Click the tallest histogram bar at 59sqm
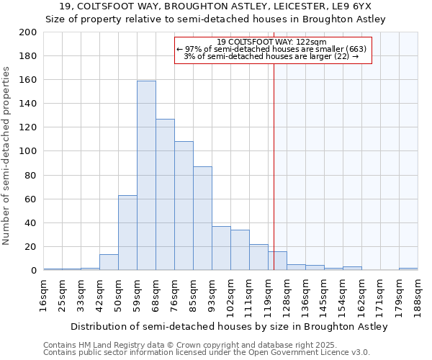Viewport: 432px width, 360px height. click(x=146, y=176)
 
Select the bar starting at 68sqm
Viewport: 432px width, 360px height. click(x=165, y=194)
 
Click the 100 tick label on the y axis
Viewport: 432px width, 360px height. click(x=28, y=151)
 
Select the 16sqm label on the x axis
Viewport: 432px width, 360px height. click(x=44, y=293)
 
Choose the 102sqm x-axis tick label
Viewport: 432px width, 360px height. click(x=230, y=294)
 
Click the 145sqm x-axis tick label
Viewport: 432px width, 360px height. click(x=324, y=294)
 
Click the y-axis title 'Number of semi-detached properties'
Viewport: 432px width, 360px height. click(x=7, y=156)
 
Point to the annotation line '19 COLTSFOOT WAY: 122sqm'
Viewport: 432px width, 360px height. click(x=272, y=42)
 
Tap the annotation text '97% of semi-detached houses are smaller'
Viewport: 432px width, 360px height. click(x=272, y=49)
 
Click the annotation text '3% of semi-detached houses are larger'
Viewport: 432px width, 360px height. click(x=272, y=56)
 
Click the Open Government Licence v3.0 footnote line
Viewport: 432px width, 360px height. click(x=206, y=353)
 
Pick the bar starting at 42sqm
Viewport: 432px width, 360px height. click(x=109, y=262)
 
